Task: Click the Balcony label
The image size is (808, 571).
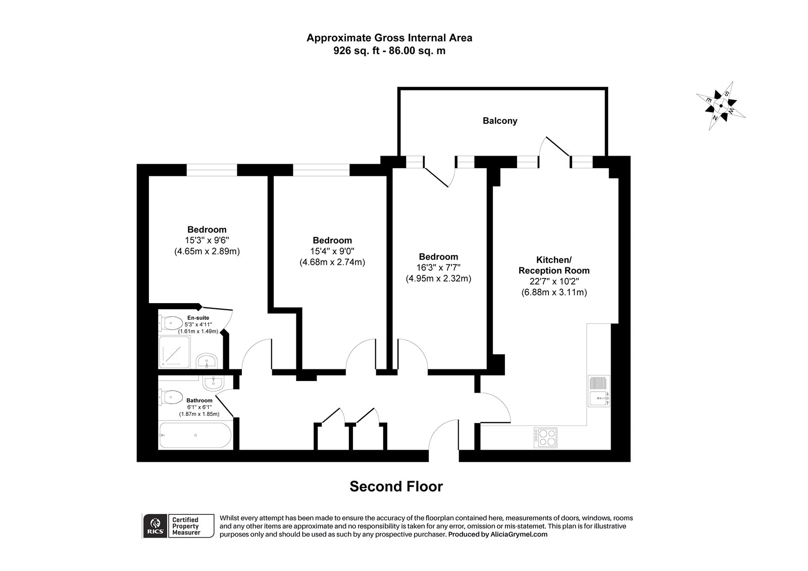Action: pos(500,121)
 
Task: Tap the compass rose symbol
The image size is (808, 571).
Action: pos(721,107)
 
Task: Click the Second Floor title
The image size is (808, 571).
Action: pos(396,486)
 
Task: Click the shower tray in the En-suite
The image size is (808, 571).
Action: pos(175,352)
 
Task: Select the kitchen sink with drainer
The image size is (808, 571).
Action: pos(598,391)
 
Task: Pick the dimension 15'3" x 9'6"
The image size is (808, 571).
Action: pos(207,240)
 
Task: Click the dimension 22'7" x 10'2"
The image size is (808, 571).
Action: pos(554,281)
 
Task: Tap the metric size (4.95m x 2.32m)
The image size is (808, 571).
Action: pos(438,278)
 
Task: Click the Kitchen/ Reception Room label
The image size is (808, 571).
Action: pos(554,265)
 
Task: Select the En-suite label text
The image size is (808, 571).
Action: pos(198,317)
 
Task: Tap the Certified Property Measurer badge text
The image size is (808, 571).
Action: pos(186,526)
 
